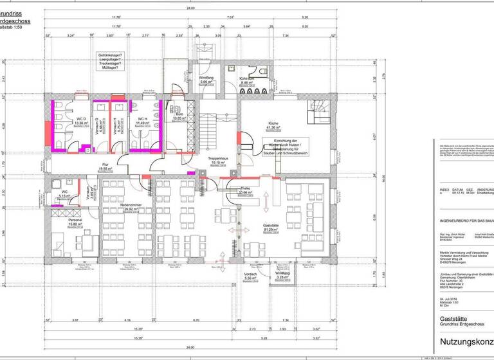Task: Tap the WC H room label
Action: tap(143, 119)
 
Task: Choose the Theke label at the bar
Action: tap(244, 188)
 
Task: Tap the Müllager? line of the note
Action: tap(107, 67)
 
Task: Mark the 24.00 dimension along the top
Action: tap(190, 8)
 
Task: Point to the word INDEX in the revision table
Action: tap(445, 190)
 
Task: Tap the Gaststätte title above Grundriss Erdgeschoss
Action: tap(453, 318)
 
